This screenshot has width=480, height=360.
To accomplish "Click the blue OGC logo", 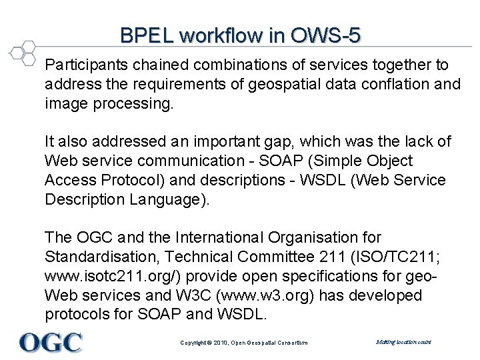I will click(x=51, y=342).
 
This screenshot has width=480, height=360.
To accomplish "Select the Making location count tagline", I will click(x=404, y=342).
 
